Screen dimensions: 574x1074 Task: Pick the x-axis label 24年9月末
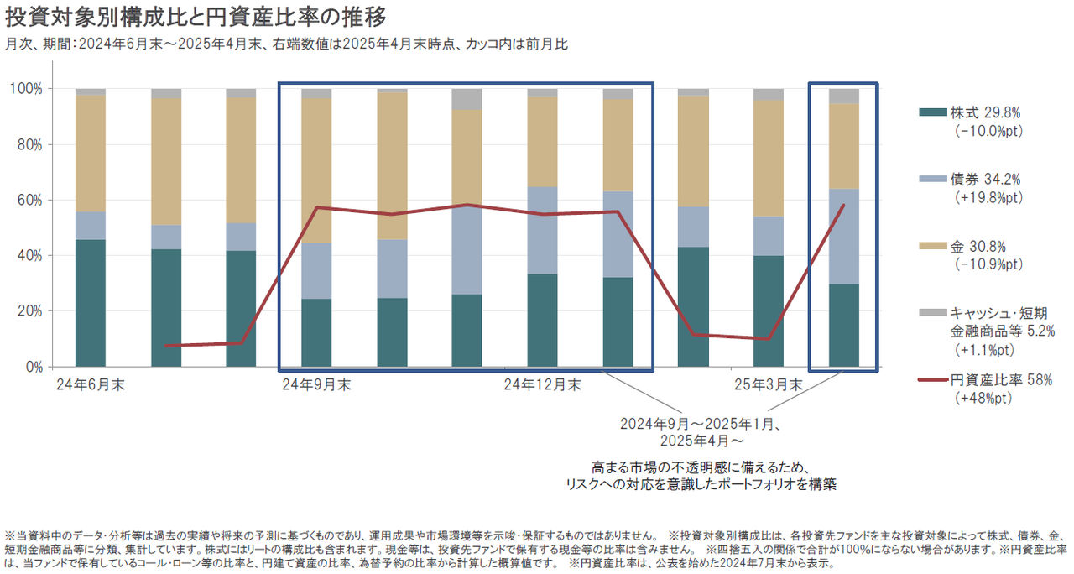(316, 385)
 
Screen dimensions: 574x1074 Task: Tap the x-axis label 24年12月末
(542, 385)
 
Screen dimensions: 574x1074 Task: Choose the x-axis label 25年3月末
(768, 385)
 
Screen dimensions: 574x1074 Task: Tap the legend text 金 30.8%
(977, 247)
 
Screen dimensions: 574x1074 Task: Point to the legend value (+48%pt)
(983, 398)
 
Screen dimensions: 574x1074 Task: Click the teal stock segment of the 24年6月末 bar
(91, 303)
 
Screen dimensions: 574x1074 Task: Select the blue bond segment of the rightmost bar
(844, 236)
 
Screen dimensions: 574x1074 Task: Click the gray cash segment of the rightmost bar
(844, 96)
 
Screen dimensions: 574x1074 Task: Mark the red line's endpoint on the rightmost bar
(842, 205)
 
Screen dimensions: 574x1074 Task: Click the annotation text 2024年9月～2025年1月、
(701, 423)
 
